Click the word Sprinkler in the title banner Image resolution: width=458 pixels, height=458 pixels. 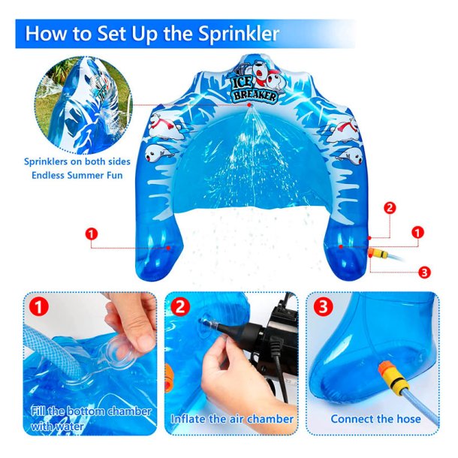[x=239, y=34]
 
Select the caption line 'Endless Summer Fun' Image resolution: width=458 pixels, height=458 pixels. [x=77, y=175]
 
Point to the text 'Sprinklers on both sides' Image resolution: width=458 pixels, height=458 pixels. [x=77, y=161]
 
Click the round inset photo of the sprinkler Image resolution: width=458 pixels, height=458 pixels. [x=84, y=106]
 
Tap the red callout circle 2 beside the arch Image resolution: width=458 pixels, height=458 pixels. [x=390, y=208]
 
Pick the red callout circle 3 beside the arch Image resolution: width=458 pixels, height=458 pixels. [x=424, y=273]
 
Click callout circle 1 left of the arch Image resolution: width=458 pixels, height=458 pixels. [x=92, y=234]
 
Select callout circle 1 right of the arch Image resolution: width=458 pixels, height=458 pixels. [x=417, y=233]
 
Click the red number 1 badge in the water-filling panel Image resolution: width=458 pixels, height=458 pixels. [x=38, y=307]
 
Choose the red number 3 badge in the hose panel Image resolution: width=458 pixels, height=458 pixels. [x=323, y=306]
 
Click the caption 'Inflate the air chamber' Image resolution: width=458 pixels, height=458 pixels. [x=232, y=419]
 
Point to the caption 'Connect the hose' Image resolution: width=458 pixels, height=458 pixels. [x=375, y=419]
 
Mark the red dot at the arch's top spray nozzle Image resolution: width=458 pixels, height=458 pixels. [x=249, y=105]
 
